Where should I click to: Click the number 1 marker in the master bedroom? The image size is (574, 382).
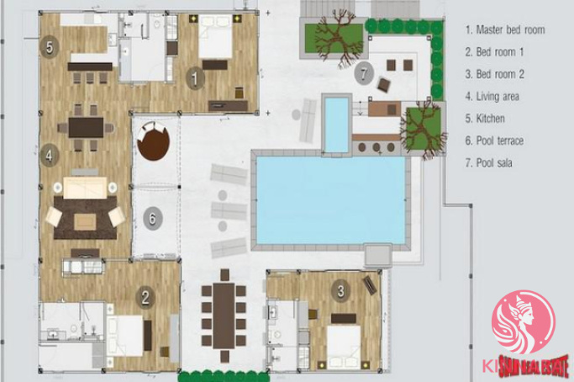(x=195, y=78)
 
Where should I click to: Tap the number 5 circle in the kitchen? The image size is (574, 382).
(x=50, y=46)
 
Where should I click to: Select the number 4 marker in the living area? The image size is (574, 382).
(x=50, y=156)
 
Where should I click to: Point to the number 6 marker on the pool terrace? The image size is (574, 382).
(x=152, y=219)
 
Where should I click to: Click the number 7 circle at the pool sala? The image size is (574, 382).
(x=364, y=74)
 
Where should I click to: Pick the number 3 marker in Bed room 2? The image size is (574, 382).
(x=340, y=291)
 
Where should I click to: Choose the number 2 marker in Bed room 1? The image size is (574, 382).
(x=145, y=297)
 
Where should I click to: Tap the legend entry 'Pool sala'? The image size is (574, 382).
(x=488, y=162)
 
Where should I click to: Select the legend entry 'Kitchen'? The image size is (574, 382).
(x=485, y=119)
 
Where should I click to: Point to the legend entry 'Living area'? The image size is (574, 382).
(x=492, y=97)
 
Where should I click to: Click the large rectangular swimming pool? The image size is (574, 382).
(x=330, y=200)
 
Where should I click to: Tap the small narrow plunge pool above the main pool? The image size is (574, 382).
(x=336, y=125)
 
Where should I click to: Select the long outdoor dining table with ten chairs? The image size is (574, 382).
(x=224, y=316)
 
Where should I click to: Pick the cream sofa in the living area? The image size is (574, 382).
(x=85, y=188)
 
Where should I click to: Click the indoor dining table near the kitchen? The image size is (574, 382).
(x=86, y=127)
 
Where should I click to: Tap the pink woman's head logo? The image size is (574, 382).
(x=524, y=322)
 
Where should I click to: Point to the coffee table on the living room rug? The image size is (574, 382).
(x=85, y=222)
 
